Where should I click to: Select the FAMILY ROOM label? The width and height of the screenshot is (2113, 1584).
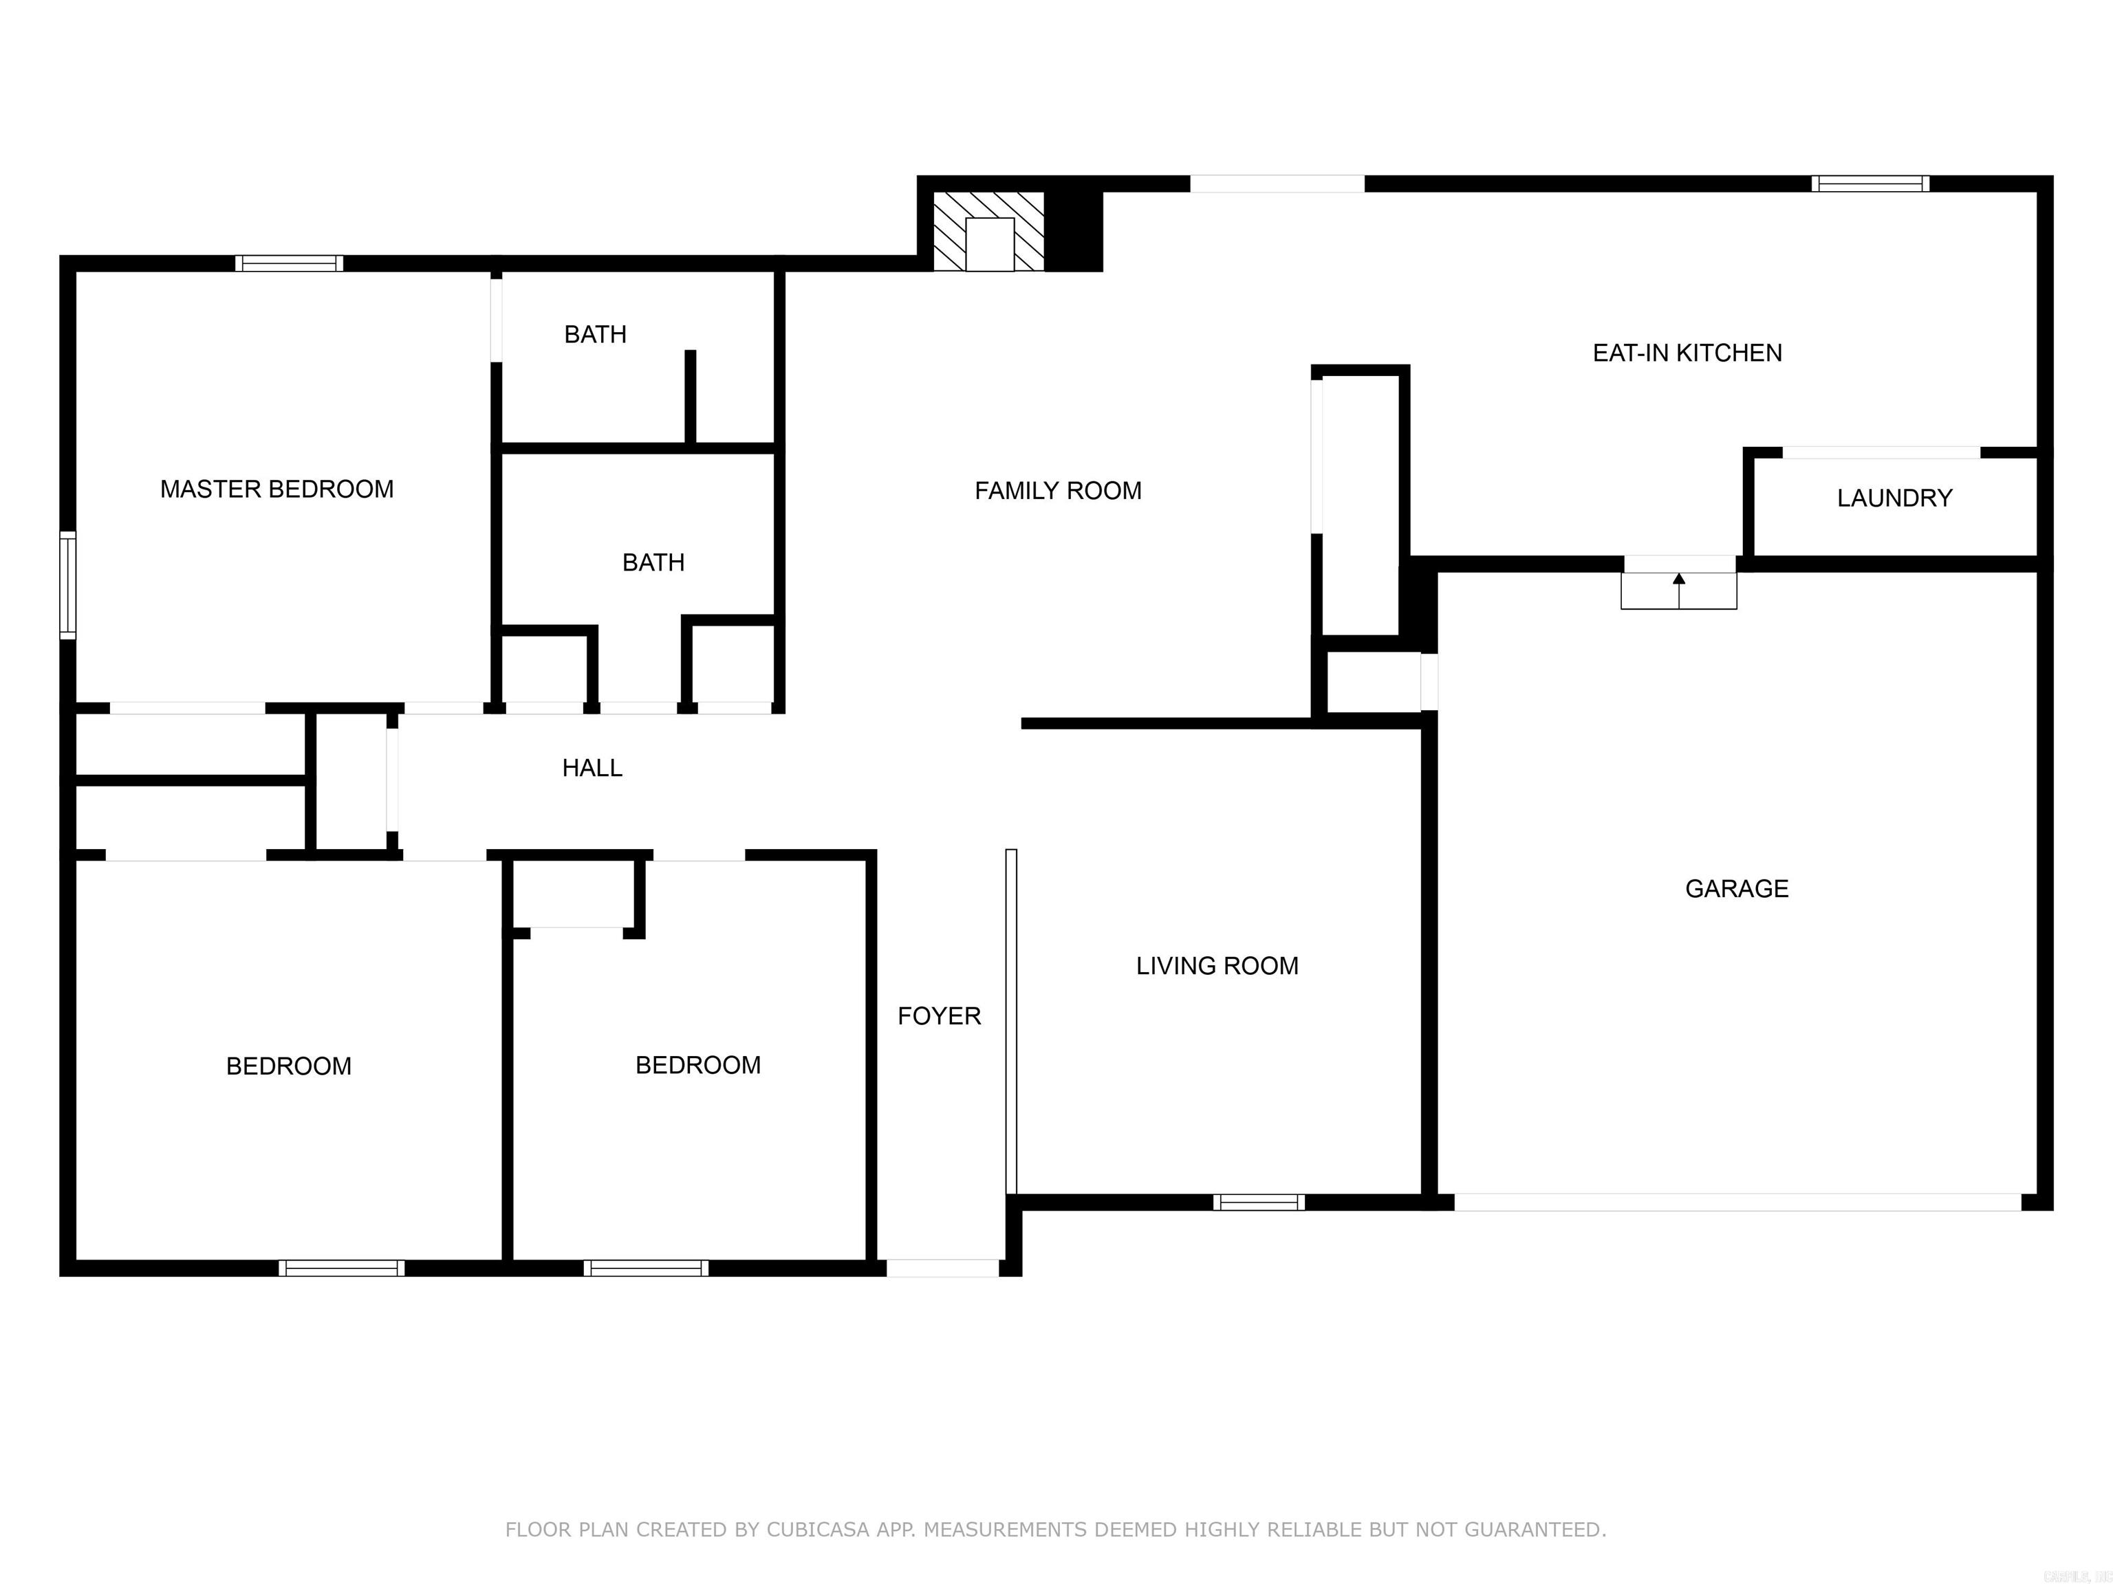coord(1057,491)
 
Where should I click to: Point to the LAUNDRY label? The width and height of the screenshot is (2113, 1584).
coord(1894,498)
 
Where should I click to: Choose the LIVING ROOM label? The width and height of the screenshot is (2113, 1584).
coord(1217,966)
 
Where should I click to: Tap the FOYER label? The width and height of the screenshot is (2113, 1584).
coord(939,1016)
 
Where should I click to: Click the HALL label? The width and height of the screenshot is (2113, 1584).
coord(592,768)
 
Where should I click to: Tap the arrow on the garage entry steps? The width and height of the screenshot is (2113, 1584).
coord(1679,580)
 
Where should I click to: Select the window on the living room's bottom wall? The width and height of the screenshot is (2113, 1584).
coord(1259,1202)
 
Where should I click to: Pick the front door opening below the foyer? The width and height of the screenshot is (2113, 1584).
coord(943,1268)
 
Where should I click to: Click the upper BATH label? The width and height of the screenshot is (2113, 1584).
coord(595,334)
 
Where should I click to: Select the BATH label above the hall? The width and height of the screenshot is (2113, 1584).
coord(653,562)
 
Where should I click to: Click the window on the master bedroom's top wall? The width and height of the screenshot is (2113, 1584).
coord(290,263)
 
